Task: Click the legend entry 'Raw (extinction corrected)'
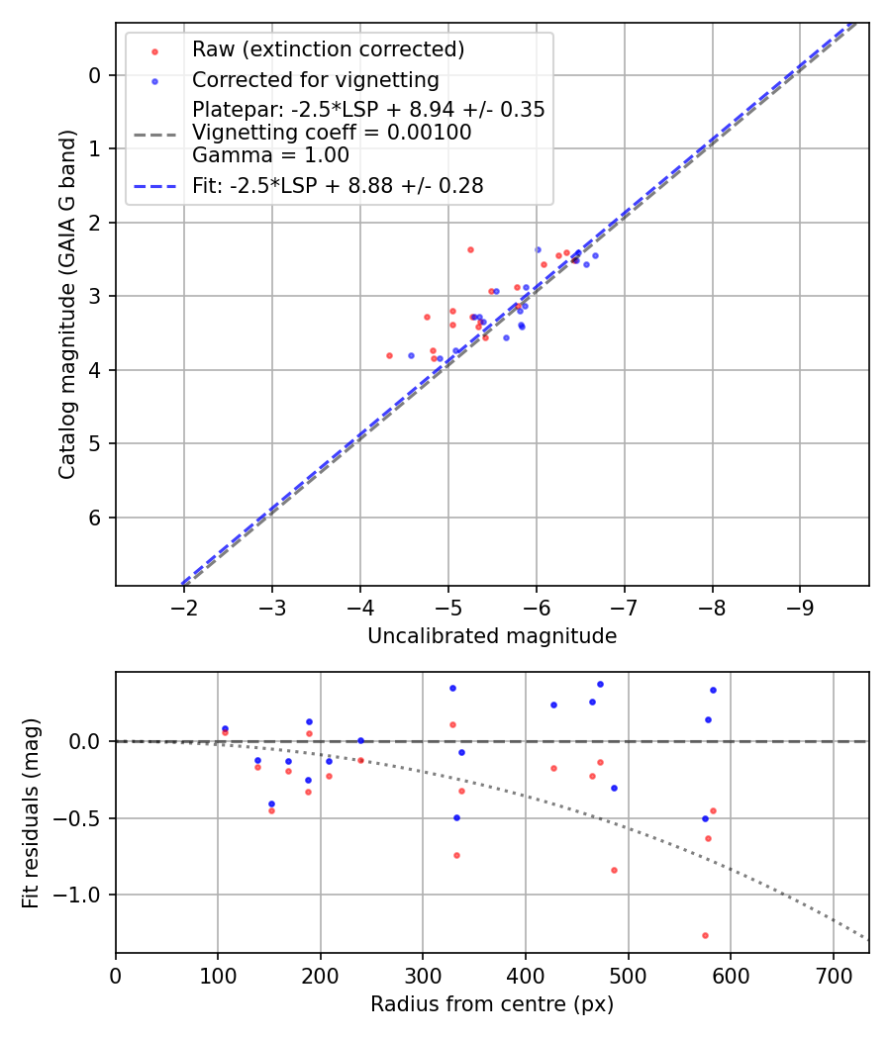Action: [x=328, y=49]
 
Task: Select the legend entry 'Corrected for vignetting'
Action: [x=315, y=79]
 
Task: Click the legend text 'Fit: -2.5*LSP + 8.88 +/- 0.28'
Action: [x=338, y=186]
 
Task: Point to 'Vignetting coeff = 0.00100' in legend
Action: [x=332, y=132]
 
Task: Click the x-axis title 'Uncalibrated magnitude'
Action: [x=492, y=636]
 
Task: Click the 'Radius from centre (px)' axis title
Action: [x=492, y=1004]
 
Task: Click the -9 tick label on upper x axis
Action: [x=801, y=607]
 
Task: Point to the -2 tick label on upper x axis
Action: [x=184, y=607]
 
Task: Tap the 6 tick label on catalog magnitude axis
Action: [x=96, y=518]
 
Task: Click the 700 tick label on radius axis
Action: [x=833, y=975]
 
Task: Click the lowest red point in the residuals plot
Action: [x=705, y=935]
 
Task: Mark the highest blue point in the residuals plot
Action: [x=600, y=684]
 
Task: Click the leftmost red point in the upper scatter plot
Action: [x=389, y=355]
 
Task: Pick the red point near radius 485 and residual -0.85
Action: [x=614, y=870]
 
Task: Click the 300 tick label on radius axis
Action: [x=423, y=975]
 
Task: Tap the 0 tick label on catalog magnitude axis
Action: [x=96, y=75]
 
